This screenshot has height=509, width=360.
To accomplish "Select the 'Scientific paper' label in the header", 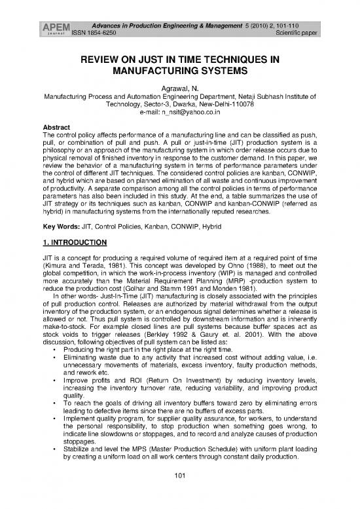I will (314, 15).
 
